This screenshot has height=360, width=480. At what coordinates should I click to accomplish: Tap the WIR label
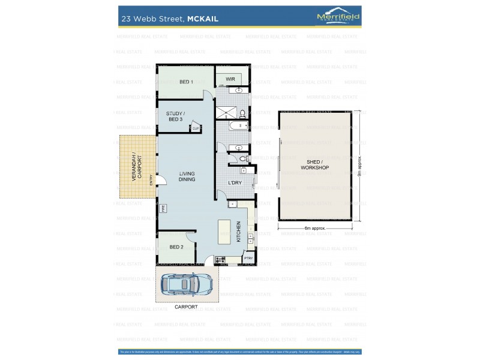click(x=230, y=79)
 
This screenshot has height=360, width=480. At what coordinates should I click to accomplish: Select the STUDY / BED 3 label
click(x=175, y=116)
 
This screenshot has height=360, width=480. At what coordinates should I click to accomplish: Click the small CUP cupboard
click(x=196, y=128)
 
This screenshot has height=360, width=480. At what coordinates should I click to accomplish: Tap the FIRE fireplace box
click(x=162, y=208)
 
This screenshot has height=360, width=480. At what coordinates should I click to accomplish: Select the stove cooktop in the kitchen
click(x=220, y=260)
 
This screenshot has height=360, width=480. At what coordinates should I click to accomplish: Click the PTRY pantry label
click(x=248, y=259)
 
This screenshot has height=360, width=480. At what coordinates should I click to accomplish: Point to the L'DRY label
click(x=235, y=183)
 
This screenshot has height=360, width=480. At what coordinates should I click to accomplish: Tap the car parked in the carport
click(x=186, y=287)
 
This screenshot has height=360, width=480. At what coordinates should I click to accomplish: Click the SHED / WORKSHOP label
click(x=314, y=165)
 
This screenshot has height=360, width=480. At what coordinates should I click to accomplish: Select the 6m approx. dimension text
click(x=314, y=229)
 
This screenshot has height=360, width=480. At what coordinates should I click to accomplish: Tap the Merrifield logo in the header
click(x=338, y=17)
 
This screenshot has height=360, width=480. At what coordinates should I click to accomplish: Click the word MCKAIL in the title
click(x=203, y=19)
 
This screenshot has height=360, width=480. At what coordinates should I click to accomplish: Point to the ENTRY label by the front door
click(x=151, y=179)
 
